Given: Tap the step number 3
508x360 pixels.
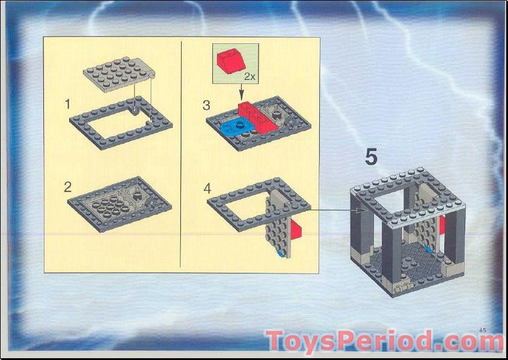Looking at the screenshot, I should click(x=207, y=106).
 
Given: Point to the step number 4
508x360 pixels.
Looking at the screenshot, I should click(x=207, y=188).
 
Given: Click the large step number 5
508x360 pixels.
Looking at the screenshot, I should click(x=371, y=157).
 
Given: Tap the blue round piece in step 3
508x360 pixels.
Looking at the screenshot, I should click(x=234, y=126).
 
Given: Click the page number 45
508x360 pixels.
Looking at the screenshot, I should click(x=483, y=329).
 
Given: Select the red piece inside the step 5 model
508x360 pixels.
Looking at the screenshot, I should click(x=442, y=225).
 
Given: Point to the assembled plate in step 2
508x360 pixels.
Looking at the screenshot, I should click(x=120, y=201).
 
